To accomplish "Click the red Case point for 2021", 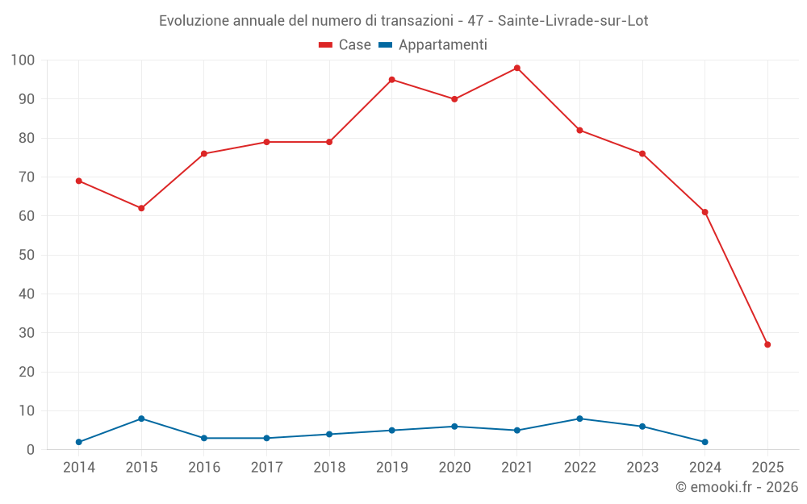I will (517, 68).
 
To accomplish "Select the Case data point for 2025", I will (767, 344).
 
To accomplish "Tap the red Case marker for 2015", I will (141, 208).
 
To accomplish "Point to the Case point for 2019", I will (391, 80).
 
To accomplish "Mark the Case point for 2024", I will (705, 212).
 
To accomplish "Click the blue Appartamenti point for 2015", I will (141, 419).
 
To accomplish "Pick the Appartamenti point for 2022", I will (579, 419).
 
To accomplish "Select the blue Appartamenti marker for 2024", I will (705, 442).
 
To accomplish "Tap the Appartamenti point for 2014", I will (79, 442).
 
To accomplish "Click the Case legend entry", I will (345, 45).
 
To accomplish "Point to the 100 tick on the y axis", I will (23, 60).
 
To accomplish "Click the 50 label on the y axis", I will (27, 255).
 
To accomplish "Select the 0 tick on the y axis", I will (31, 450).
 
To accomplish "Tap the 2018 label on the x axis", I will (329, 468).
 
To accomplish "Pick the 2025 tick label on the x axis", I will (767, 468).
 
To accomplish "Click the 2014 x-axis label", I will (79, 468).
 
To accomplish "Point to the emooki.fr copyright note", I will (736, 487).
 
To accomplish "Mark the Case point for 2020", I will (454, 99).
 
